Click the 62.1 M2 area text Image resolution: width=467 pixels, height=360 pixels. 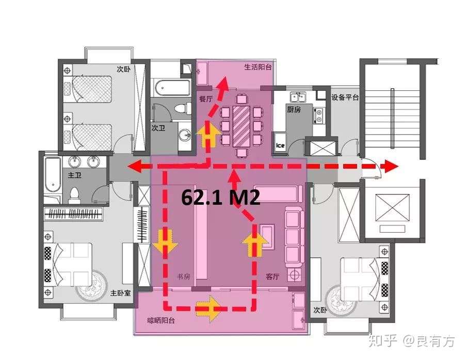pyautogui.click(x=221, y=197)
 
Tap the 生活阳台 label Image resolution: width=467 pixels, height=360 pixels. pyautogui.click(x=258, y=67)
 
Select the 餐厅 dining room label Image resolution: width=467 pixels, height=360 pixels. pyautogui.click(x=206, y=99)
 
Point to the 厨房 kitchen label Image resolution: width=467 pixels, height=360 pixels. pyautogui.click(x=294, y=109)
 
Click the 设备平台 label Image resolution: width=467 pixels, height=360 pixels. pyautogui.click(x=345, y=97)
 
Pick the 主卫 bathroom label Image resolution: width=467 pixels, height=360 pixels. pyautogui.click(x=74, y=175)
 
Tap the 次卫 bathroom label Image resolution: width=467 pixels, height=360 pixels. pyautogui.click(x=158, y=128)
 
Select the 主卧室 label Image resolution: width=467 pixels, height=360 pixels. pyautogui.click(x=121, y=293)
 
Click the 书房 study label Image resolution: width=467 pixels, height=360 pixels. pyautogui.click(x=184, y=276)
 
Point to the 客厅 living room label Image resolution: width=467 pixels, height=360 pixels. pyautogui.click(x=272, y=276)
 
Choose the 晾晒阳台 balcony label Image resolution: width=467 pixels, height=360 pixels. pyautogui.click(x=161, y=321)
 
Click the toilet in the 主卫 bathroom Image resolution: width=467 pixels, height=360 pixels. pyautogui.click(x=74, y=195)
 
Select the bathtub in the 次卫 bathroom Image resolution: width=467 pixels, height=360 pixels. pyautogui.click(x=171, y=88)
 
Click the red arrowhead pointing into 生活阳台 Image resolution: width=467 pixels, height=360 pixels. pyautogui.click(x=223, y=84)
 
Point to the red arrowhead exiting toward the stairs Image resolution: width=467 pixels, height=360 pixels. pyautogui.click(x=391, y=166)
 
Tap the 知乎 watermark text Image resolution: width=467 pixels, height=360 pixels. pyautogui.click(x=383, y=340)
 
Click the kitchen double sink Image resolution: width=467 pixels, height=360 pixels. pyautogui.click(x=298, y=97)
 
